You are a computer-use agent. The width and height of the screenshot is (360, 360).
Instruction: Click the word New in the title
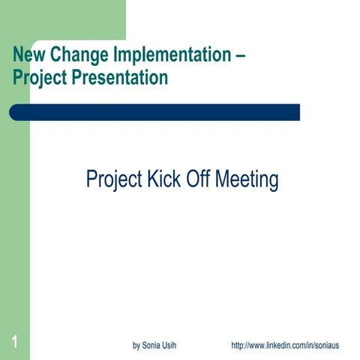click(28, 55)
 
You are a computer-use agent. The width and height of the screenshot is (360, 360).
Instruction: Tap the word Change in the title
click(76, 55)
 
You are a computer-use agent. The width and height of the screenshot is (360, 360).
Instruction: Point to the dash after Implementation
click(241, 55)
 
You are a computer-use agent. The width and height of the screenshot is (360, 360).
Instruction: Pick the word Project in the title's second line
click(37, 78)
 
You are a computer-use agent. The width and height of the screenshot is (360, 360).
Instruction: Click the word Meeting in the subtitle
click(247, 181)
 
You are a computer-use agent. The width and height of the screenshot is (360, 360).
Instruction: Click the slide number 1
click(14, 343)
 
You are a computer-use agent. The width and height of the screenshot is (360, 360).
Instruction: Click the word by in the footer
click(136, 346)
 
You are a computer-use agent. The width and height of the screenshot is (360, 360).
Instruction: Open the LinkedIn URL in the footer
click(285, 346)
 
